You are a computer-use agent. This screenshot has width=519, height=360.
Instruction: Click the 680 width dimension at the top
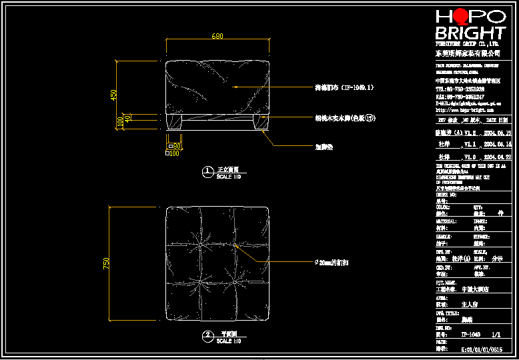[x=217, y=35]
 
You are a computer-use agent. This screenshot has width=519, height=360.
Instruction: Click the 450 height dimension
[x=113, y=95]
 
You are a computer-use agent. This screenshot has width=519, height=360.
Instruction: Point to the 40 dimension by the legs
[x=128, y=118]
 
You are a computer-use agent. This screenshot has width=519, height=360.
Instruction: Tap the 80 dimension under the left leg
[x=177, y=145]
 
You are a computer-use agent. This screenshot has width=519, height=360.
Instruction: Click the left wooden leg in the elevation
[x=174, y=121]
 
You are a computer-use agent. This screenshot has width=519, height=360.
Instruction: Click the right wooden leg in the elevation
[x=260, y=121]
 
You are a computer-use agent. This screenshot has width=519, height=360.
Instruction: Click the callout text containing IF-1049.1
[x=344, y=87]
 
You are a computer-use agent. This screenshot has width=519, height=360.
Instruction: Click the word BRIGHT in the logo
[x=470, y=33]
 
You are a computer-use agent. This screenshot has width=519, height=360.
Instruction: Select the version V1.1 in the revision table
[x=470, y=143]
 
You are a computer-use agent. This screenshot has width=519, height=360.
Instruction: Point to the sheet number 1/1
[x=496, y=335]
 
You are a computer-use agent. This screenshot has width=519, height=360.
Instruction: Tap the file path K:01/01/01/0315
[x=478, y=348]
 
